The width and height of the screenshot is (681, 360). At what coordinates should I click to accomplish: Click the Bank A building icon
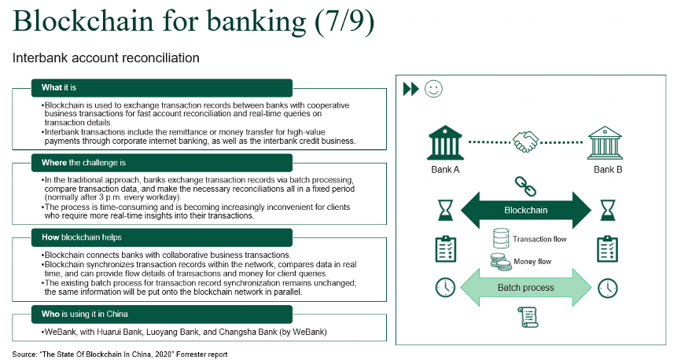(445, 143)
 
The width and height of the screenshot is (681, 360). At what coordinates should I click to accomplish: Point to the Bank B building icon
(607, 143)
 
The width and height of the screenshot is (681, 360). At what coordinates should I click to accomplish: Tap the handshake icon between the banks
(526, 142)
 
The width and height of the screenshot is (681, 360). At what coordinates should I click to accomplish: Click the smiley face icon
(433, 88)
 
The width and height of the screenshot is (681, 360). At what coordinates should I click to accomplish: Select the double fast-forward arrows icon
(410, 89)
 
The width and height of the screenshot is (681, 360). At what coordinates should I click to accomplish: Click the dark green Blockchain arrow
(525, 211)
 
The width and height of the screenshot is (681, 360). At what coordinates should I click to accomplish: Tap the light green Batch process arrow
(525, 288)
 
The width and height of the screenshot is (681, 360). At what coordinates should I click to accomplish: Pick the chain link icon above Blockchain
(525, 186)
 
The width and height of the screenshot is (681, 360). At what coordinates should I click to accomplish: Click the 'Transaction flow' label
(539, 239)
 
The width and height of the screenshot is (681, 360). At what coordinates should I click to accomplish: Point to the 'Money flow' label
(532, 262)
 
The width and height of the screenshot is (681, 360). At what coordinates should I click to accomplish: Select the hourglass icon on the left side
(445, 211)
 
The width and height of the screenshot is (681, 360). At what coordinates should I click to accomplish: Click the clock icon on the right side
(607, 288)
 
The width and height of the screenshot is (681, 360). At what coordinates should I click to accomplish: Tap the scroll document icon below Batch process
(525, 318)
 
